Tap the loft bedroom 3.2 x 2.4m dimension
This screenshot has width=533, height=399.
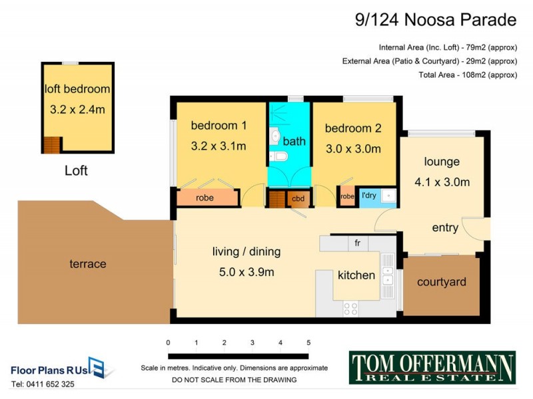(x=77, y=109)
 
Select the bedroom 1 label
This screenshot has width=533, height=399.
(x=219, y=126)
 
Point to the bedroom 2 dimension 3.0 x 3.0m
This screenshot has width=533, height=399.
(x=353, y=149)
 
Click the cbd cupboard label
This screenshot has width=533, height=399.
(x=296, y=198)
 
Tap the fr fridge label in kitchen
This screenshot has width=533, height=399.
(x=357, y=243)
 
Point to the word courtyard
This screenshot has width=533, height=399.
(x=442, y=282)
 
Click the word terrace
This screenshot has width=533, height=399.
(x=88, y=264)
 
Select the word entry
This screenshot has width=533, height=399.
(x=445, y=228)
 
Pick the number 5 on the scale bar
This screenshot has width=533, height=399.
(x=308, y=342)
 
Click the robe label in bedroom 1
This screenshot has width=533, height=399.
(x=205, y=198)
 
